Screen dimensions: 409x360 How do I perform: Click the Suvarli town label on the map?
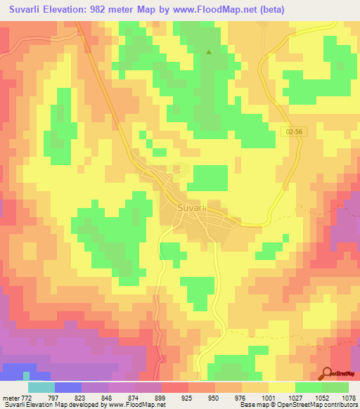(191, 209)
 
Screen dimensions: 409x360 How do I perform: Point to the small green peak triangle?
(208, 51)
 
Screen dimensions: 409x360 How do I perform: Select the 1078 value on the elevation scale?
(348, 398)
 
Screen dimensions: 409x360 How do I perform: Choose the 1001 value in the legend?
(268, 398)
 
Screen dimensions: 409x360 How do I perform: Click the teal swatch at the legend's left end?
(41, 387)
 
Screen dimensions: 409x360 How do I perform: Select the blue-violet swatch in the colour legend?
(68, 387)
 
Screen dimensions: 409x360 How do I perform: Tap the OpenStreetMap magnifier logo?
(328, 374)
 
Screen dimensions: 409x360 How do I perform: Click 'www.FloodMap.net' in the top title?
(205, 8)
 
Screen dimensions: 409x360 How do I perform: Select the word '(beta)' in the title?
(262, 8)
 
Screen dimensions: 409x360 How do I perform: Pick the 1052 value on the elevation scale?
(321, 398)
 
